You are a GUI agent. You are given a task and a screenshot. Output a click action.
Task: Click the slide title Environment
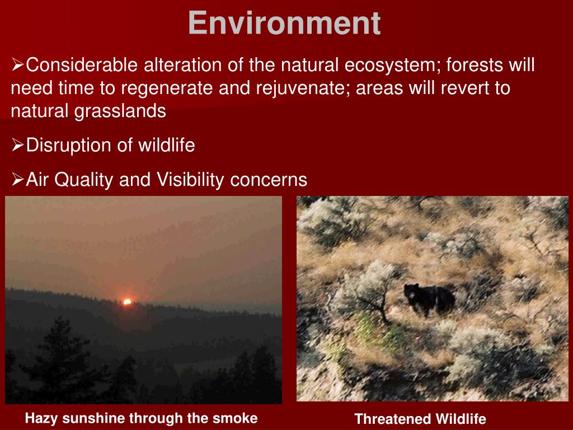coord(284,23)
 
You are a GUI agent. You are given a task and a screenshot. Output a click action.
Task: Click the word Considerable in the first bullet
coord(82,65)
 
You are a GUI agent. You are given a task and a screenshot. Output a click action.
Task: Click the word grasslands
coord(120,111)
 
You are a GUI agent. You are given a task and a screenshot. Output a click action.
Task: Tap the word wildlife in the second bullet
coord(167,145)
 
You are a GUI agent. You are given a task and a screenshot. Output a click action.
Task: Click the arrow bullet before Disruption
coord(17,146)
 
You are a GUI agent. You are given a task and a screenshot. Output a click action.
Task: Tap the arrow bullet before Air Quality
coord(17,180)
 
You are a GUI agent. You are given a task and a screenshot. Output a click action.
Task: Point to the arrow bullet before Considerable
coord(17,64)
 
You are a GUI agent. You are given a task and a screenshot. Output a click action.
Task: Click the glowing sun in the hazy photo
coord(127,302)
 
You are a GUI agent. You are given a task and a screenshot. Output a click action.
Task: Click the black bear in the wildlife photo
coord(429,299)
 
